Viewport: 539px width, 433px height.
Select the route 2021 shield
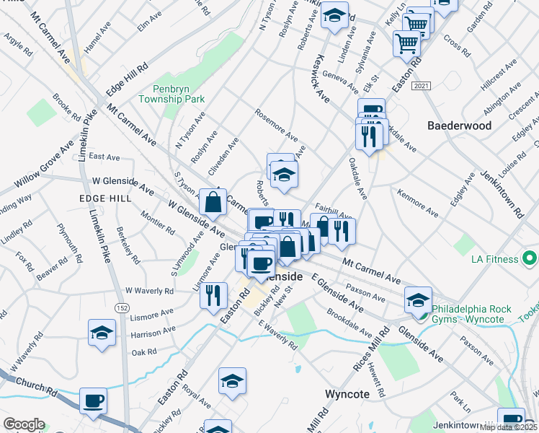[x=422, y=86]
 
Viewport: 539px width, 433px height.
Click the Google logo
[x=23, y=424]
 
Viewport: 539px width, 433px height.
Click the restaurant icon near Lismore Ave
[x=213, y=295]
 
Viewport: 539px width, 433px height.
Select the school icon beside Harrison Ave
[x=102, y=333]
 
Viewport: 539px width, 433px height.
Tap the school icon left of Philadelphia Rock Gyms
[x=418, y=299]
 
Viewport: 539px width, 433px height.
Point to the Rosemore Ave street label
[x=277, y=126]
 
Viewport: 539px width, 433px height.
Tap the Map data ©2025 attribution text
[x=507, y=427]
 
